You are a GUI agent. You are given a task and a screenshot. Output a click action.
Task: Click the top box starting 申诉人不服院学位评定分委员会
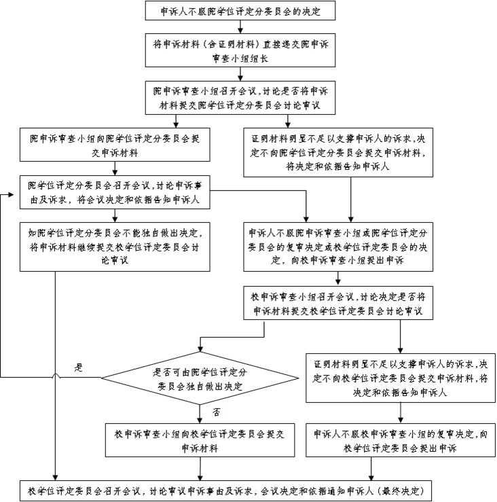coord(240,12)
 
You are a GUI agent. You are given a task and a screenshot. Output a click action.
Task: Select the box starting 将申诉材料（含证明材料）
coord(240,50)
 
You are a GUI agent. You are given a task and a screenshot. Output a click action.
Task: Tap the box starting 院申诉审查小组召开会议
coord(240,97)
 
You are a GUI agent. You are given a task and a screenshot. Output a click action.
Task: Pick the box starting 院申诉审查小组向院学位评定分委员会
coord(114,145)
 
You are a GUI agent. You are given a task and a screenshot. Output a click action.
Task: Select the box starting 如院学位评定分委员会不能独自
coord(114,245)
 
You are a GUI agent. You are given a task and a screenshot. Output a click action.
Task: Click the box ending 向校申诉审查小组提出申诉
coord(337,245)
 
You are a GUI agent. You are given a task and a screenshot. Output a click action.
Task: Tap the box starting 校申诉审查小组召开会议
coord(337,303)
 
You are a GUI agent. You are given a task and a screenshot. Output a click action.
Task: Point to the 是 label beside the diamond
coord(79,367)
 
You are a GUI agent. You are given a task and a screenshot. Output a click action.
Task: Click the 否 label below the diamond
coord(216,412)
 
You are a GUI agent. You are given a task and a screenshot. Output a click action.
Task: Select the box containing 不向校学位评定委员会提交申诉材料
coord(401,378)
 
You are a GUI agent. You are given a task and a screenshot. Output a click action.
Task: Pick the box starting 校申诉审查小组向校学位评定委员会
coord(200,441)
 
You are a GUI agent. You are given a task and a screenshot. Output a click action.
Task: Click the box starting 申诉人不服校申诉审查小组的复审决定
coord(401,441)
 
